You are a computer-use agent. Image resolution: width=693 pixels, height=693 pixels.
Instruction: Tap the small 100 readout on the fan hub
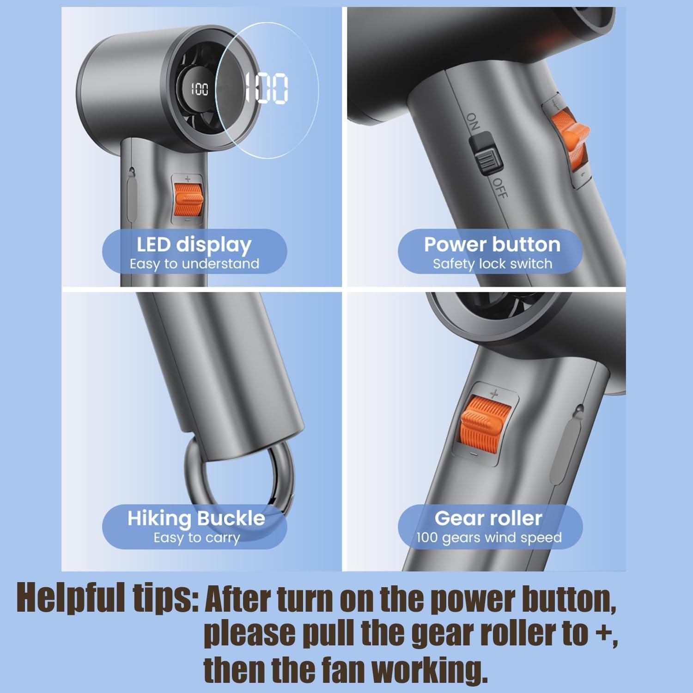pos(200,89)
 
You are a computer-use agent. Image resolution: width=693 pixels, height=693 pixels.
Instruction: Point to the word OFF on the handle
pos(499,188)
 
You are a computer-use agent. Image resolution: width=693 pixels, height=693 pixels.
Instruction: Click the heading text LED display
pos(194,245)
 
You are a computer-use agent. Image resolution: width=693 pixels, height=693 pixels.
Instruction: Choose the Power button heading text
pos(492,244)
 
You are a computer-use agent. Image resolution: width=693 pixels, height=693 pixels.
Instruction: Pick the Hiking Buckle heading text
pos(196,518)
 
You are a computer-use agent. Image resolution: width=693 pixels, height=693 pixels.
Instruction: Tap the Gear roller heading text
pos(488,518)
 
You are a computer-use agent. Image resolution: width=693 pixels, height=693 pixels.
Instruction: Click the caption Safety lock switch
pos(492,264)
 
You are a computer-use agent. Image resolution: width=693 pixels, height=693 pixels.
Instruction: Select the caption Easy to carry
pos(197,538)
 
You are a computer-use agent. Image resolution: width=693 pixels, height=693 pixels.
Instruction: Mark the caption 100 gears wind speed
pos(489,538)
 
